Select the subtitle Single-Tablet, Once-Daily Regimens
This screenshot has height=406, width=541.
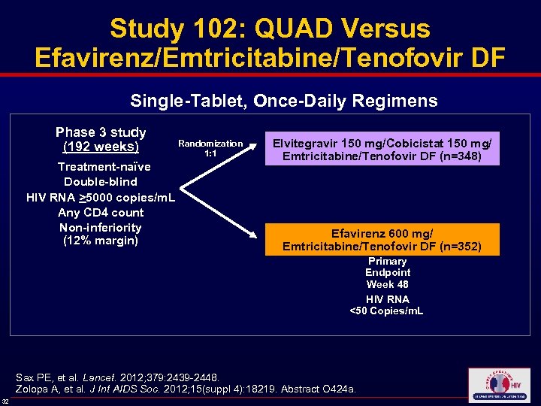pos(284,100)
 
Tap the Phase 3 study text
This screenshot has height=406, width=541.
pos(101,132)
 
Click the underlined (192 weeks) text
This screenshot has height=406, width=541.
pos(101,147)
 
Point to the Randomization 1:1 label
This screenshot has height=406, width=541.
pos(210,148)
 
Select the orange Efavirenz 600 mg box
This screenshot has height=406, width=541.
pos(382,240)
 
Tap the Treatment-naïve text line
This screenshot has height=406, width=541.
pos(104,167)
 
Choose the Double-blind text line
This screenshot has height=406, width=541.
pos(101,182)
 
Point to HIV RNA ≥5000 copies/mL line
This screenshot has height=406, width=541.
pos(101,197)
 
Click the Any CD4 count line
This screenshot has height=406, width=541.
pos(101,212)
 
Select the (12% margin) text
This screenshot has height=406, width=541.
pos(101,241)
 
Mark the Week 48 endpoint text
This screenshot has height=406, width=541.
pos(387,284)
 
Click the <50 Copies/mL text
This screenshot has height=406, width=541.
pos(387,311)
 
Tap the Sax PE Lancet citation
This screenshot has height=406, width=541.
pos(118,376)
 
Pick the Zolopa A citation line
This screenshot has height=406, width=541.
pos(186,389)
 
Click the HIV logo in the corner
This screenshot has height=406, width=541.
pos(498,385)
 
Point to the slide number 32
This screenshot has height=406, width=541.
pos(5,400)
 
